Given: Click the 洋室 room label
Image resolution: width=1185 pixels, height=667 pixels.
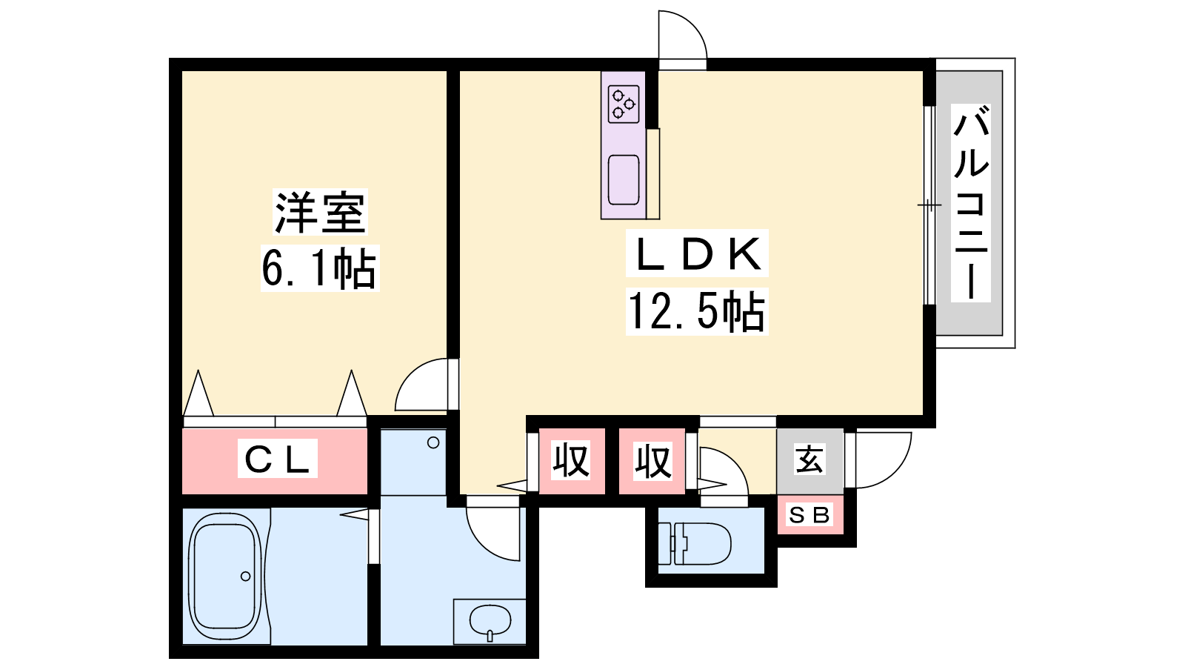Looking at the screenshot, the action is [x=320, y=213].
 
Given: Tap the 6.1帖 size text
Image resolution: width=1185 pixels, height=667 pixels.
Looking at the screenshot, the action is [x=319, y=268].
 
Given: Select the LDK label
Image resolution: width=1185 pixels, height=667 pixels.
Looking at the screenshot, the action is [x=697, y=254].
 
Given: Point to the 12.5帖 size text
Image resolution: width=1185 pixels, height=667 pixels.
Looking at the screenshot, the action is [x=697, y=311].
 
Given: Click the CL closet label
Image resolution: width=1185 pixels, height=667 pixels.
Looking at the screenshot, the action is [x=277, y=459].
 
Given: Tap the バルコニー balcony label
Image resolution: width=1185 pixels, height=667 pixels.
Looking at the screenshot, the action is [x=971, y=203].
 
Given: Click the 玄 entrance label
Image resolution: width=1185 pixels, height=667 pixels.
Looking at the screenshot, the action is [x=810, y=459].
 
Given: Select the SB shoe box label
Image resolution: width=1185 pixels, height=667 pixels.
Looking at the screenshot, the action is [x=810, y=514].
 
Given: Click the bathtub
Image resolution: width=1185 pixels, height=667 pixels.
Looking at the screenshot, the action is [x=225, y=577].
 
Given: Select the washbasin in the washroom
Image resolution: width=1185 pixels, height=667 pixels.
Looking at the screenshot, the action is [x=490, y=620].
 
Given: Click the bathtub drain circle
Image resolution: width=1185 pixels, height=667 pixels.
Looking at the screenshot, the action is [x=245, y=576].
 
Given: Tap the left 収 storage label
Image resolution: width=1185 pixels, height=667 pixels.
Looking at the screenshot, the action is [x=571, y=460].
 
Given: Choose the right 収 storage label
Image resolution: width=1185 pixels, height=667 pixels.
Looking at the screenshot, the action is [x=653, y=460].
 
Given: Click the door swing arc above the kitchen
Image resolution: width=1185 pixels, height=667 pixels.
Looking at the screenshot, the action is [x=693, y=24].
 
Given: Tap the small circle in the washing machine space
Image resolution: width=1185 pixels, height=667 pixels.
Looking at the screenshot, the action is [x=433, y=442].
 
